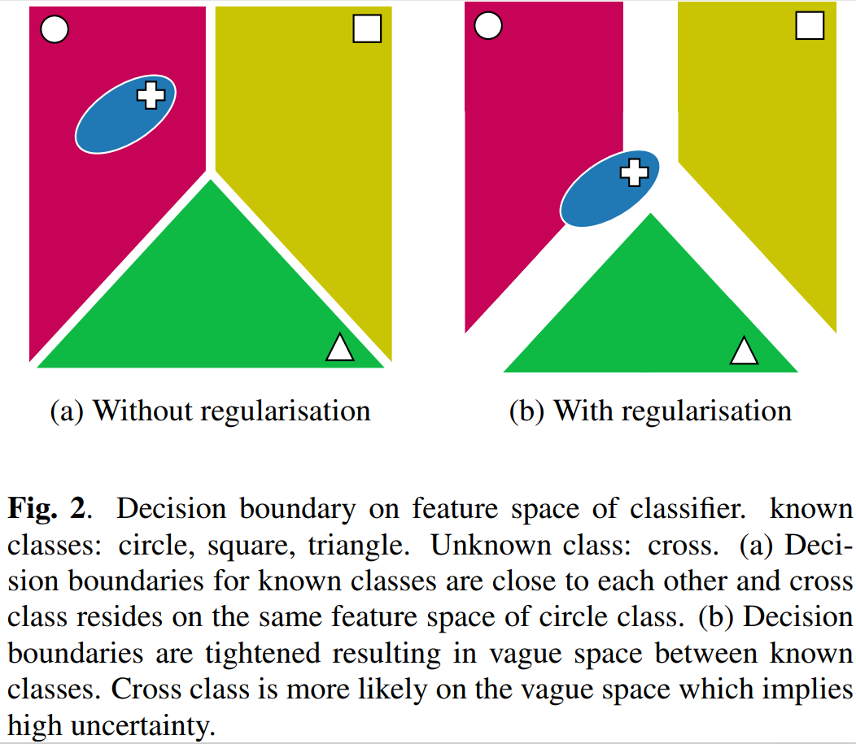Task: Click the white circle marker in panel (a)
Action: (54, 31)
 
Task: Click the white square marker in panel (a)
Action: (367, 29)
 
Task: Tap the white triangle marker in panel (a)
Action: (339, 348)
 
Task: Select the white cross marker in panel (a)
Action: (151, 95)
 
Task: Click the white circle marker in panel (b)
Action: (487, 25)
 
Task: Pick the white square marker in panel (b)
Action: (809, 25)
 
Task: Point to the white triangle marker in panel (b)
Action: (744, 351)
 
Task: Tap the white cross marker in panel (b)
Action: (635, 172)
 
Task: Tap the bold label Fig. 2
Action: (46, 509)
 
